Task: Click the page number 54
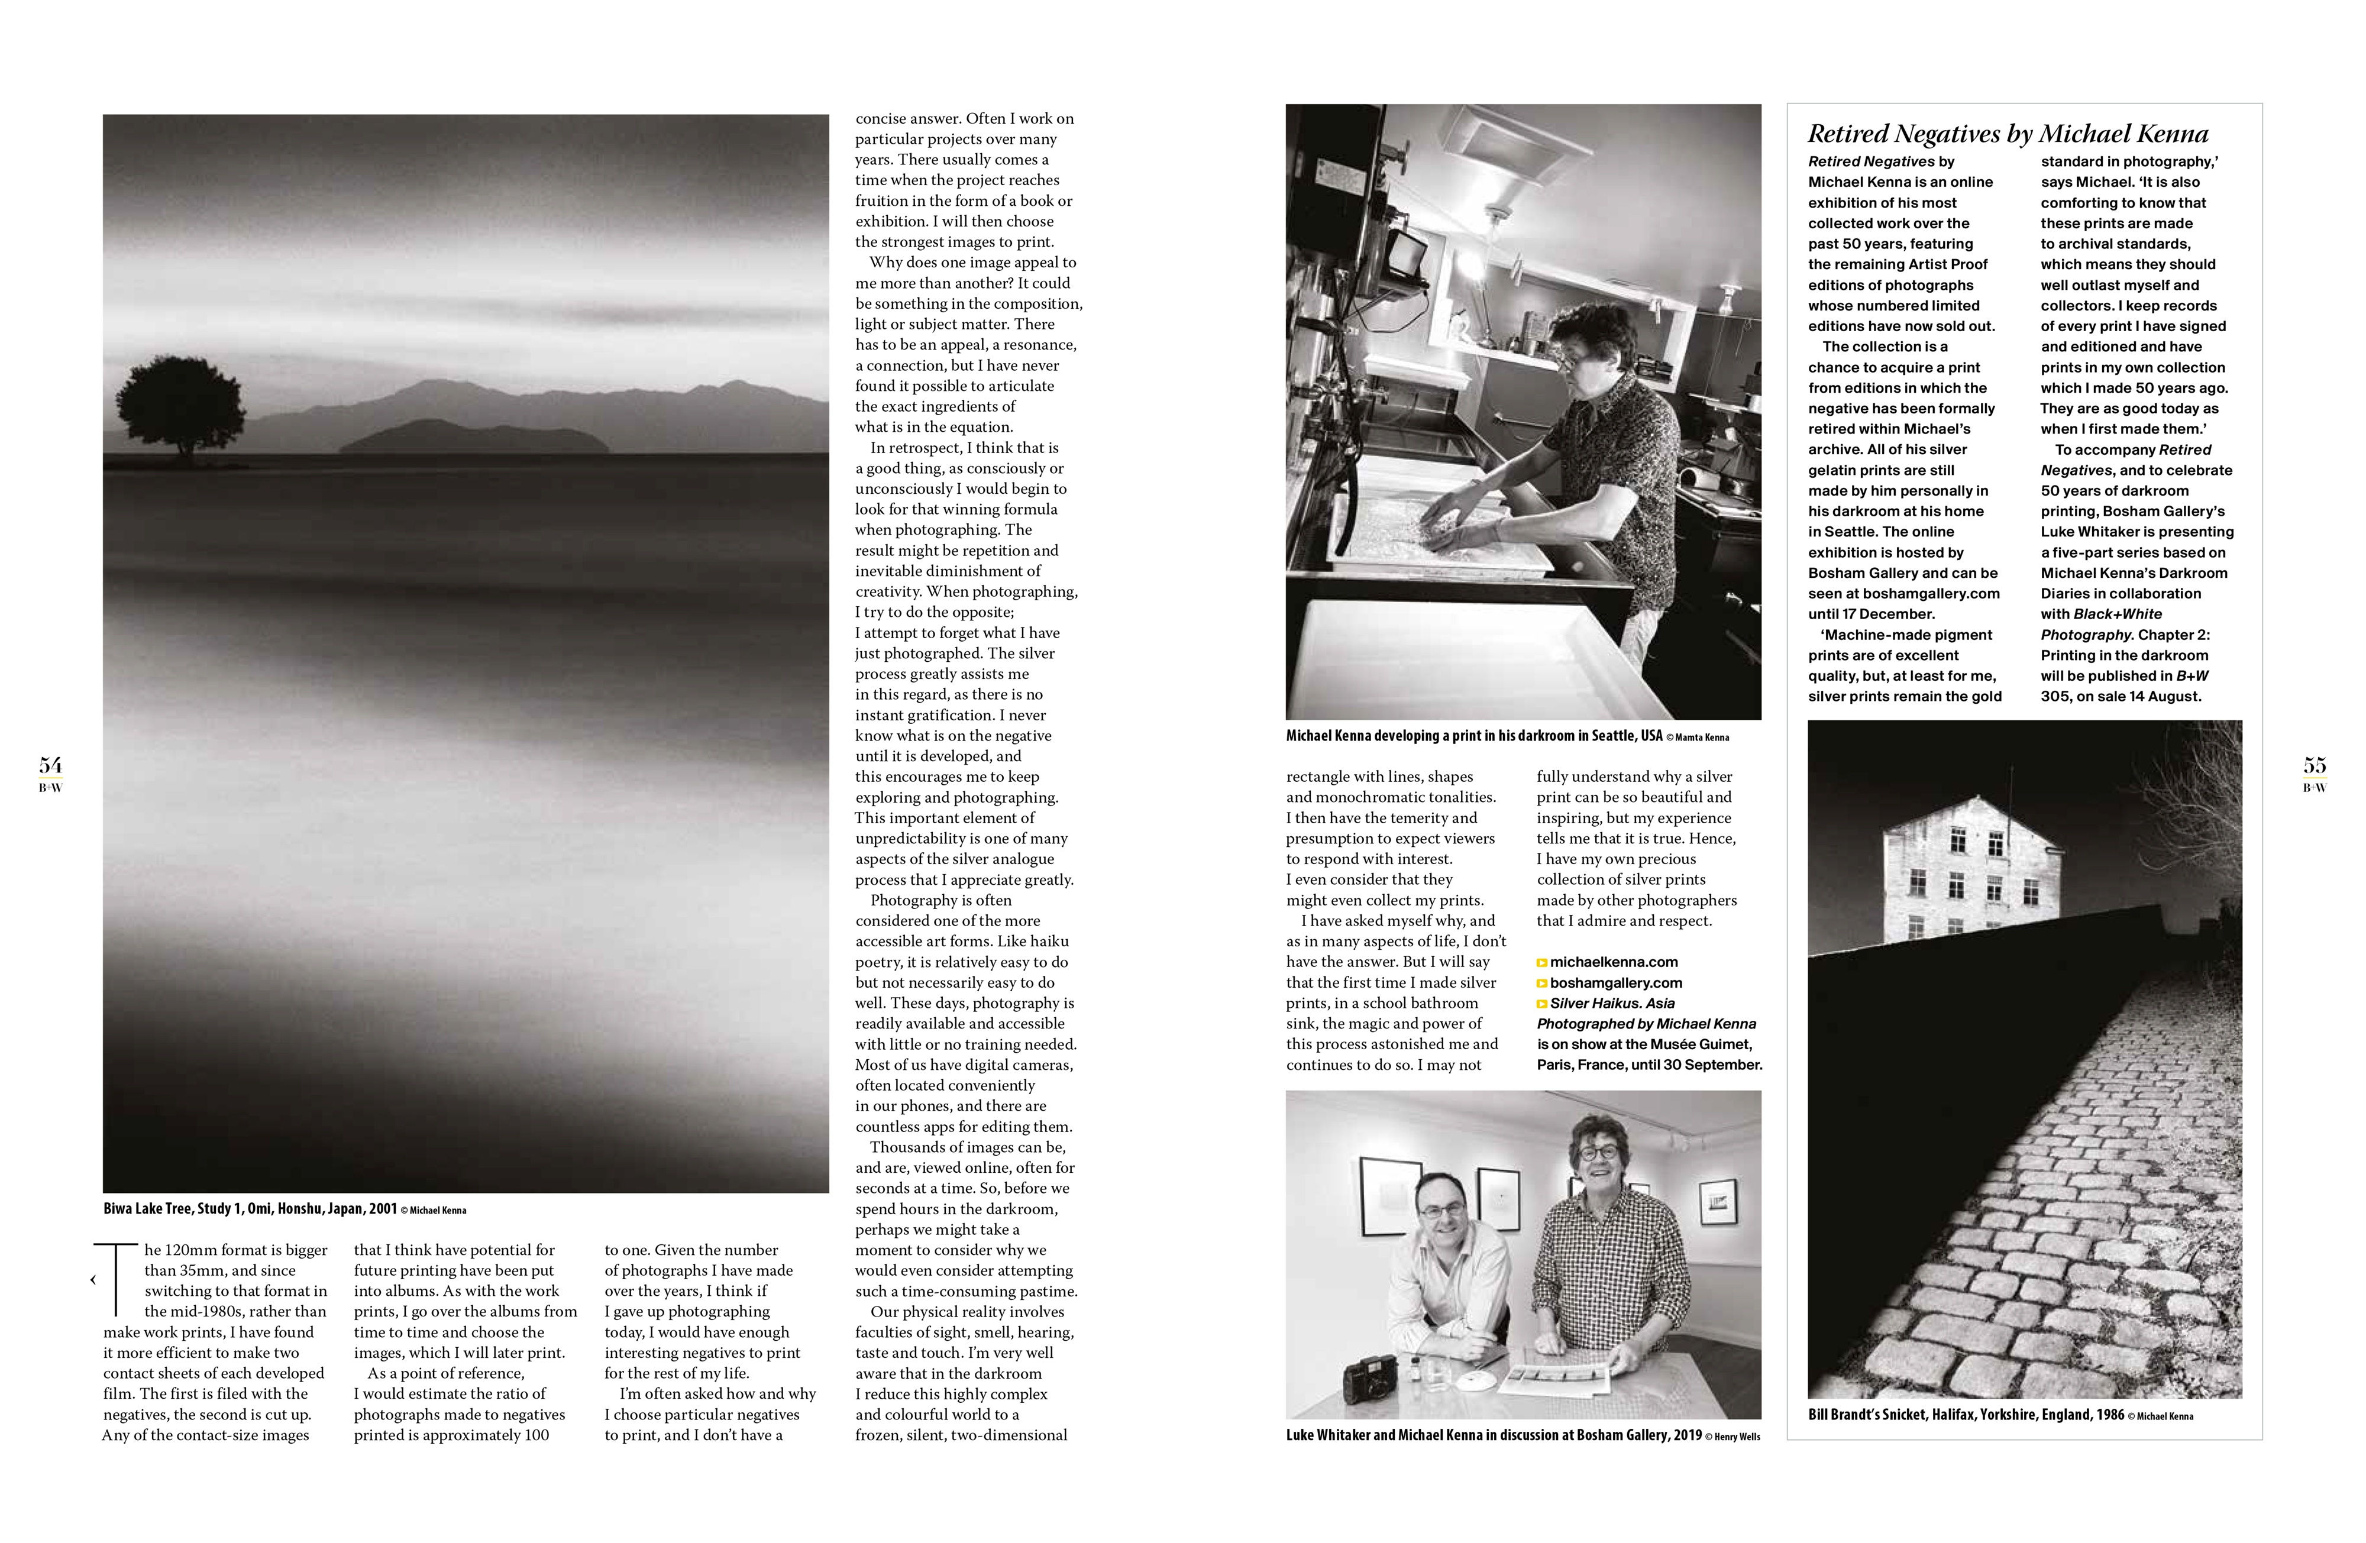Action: (50, 765)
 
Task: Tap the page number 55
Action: (2315, 765)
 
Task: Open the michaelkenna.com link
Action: (1614, 962)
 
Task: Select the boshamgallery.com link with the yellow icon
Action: (1615, 982)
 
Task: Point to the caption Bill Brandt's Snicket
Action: (1966, 1415)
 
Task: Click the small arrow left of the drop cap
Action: (92, 1280)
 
